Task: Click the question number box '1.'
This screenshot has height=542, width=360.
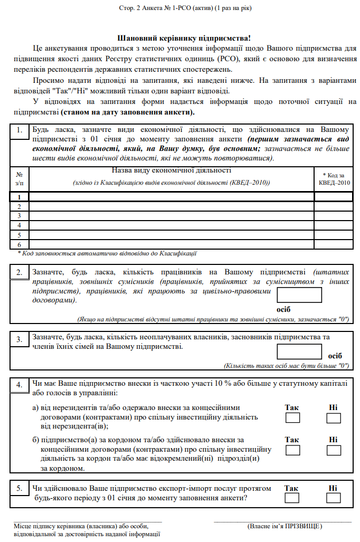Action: coord(20,130)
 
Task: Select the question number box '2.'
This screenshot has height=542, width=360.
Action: coord(20,272)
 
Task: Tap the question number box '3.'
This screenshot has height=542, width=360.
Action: coord(20,339)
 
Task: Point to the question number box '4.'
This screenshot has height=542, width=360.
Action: coord(20,385)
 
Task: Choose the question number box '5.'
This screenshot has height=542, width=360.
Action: coord(20,489)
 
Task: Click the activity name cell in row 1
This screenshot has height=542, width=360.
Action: coord(172,196)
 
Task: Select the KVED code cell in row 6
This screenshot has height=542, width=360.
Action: coord(334,244)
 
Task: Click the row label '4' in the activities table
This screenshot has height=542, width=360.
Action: coord(20,225)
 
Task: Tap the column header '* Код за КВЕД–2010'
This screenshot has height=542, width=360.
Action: coord(334,178)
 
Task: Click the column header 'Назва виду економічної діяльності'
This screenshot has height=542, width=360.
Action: coord(172,170)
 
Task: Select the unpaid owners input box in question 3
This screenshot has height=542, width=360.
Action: coord(299,351)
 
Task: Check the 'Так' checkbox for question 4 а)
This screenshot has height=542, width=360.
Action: coord(292,418)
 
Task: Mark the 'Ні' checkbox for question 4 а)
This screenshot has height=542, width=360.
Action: coord(334,418)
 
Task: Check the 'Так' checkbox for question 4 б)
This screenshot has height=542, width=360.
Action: coord(292,450)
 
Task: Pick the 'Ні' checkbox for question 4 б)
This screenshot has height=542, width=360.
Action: coord(334,450)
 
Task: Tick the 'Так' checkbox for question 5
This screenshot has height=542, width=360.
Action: coord(292,498)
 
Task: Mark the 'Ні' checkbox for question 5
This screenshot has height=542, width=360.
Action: coord(334,498)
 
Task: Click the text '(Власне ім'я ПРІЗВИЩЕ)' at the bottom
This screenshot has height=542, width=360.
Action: coord(285,526)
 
